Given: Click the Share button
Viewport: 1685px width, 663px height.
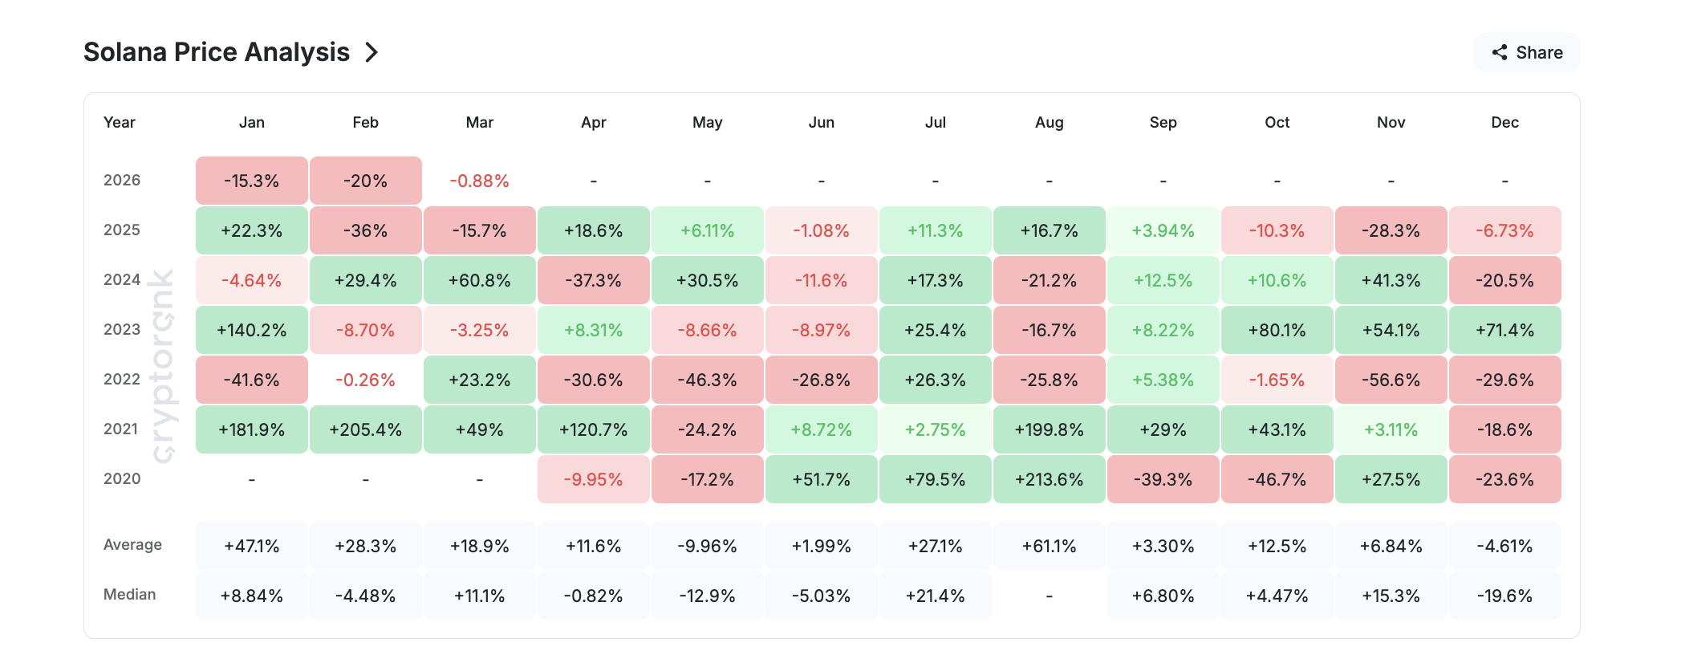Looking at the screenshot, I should (x=1526, y=53).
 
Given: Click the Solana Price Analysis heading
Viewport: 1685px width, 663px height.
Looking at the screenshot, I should (x=217, y=52).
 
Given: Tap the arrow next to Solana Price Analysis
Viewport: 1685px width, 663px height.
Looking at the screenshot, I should (x=372, y=53).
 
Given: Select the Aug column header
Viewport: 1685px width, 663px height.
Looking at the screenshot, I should (x=1049, y=122).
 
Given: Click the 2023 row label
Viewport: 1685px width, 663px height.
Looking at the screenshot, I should (x=122, y=329).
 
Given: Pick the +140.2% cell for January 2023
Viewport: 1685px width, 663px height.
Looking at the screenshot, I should (x=251, y=330).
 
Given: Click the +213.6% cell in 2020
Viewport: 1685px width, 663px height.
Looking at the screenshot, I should (x=1049, y=479).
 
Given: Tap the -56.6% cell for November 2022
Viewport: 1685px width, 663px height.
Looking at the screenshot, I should (x=1391, y=380).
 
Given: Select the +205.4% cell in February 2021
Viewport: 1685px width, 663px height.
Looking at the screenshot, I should (x=365, y=429).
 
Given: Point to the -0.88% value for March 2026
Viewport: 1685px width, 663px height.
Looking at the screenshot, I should (x=479, y=181).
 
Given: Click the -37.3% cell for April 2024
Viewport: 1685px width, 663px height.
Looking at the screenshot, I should (x=593, y=280).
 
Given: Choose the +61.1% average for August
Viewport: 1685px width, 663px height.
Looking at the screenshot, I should (x=1049, y=546).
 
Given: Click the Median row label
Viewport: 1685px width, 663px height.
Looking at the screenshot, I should (x=130, y=594).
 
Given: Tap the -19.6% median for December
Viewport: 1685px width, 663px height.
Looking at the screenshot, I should (x=1504, y=596).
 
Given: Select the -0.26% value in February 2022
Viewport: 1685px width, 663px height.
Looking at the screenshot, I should (x=365, y=380).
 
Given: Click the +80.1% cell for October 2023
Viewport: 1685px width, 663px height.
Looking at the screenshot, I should (x=1277, y=330).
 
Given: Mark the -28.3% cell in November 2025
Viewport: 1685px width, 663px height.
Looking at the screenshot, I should (x=1391, y=230).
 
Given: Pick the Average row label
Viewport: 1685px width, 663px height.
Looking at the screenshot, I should (x=132, y=544).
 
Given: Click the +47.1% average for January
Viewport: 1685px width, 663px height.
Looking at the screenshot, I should (x=251, y=546).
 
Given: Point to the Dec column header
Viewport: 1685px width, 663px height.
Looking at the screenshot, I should (x=1504, y=122).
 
